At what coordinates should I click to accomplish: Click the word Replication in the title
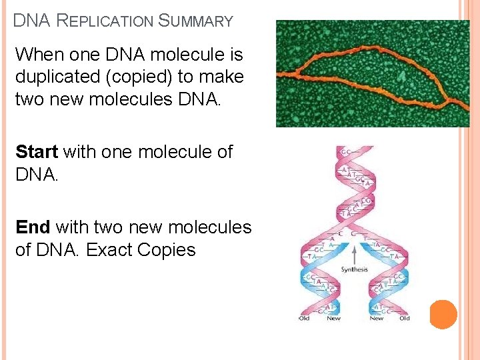(x=105, y=21)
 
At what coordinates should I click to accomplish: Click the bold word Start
(x=37, y=152)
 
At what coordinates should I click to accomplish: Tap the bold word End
(x=33, y=227)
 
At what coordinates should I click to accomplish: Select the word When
(x=37, y=54)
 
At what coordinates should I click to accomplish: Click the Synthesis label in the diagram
(x=355, y=269)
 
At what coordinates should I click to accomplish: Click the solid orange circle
(x=443, y=314)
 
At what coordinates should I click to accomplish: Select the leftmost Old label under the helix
(x=304, y=319)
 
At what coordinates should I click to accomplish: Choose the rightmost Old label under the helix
(x=405, y=319)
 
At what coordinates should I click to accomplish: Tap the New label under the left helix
(x=333, y=319)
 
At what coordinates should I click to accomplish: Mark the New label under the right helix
(x=377, y=319)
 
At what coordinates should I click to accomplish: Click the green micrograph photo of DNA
(x=373, y=73)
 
